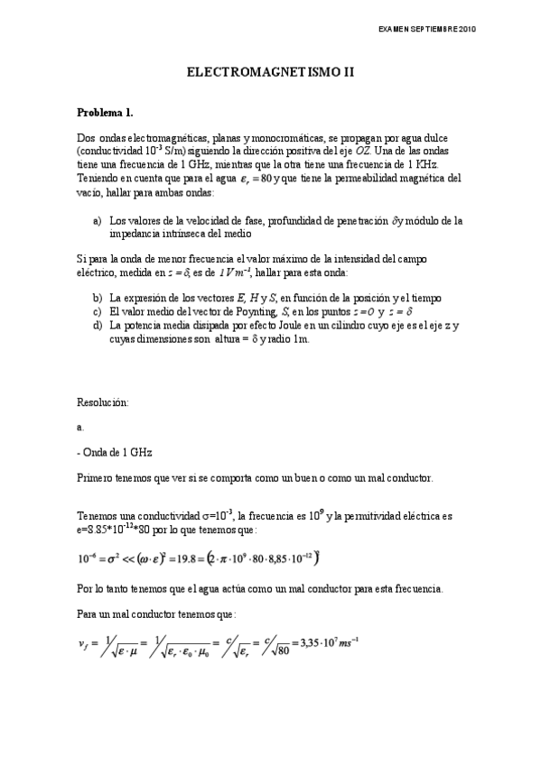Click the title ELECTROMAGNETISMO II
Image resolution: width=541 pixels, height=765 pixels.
[x=270, y=78]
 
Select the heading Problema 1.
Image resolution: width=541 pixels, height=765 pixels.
[x=105, y=113]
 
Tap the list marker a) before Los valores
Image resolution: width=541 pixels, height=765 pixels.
[x=97, y=220]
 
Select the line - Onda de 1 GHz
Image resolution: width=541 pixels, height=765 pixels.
[x=112, y=450]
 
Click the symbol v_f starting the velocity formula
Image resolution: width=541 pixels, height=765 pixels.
[x=87, y=644]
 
